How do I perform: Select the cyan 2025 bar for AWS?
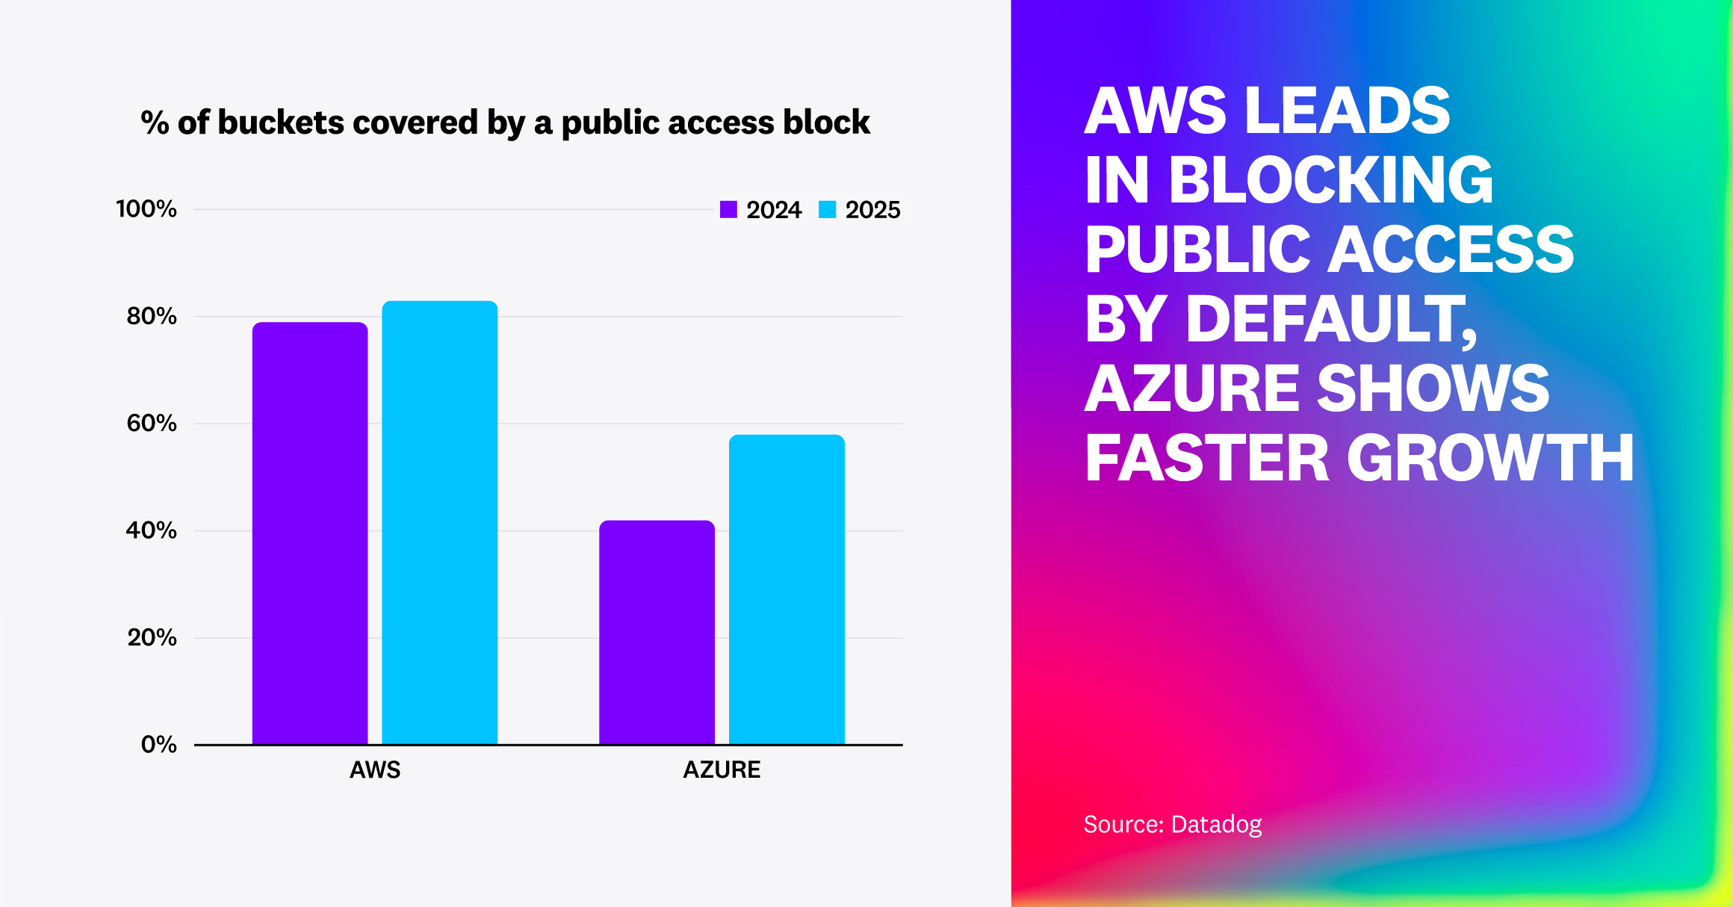[x=439, y=522]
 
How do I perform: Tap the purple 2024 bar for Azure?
[x=657, y=632]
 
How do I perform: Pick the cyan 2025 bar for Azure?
[x=787, y=589]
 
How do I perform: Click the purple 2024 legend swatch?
[x=728, y=210]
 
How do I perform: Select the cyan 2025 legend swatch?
[x=827, y=210]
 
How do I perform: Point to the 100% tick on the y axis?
[x=146, y=209]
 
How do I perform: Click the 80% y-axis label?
[x=152, y=316]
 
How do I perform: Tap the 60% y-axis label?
[x=152, y=424]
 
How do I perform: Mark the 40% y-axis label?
[x=152, y=530]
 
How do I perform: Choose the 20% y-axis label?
[x=152, y=638]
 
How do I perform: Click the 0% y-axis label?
[x=158, y=745]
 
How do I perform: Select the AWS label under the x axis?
[x=375, y=770]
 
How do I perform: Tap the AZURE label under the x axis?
[x=722, y=770]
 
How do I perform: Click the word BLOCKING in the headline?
[x=1330, y=180]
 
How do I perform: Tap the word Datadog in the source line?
[x=1216, y=825]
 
